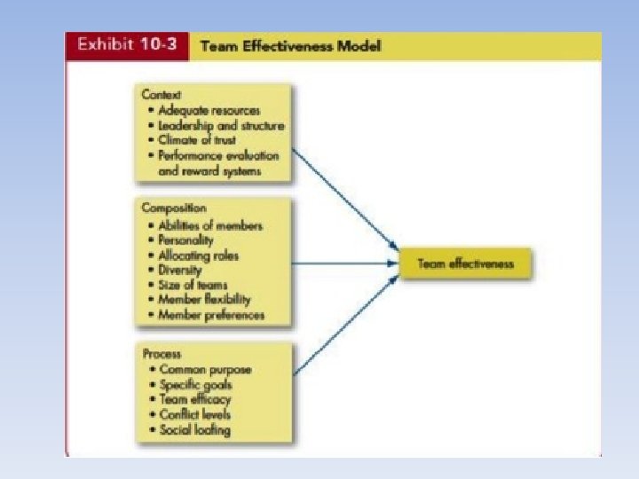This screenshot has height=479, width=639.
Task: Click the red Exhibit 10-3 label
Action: [127, 46]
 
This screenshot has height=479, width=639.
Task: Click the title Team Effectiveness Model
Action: [291, 46]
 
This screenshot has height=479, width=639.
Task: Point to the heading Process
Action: [161, 353]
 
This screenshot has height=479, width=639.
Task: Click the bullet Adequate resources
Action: [209, 110]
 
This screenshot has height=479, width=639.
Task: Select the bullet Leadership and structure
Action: [221, 125]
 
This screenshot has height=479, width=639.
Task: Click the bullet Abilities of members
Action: [210, 225]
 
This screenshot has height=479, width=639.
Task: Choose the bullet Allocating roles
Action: [199, 255]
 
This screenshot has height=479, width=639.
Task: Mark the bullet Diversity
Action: [180, 270]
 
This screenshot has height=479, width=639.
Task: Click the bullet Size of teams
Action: [193, 285]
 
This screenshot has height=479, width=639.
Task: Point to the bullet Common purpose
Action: [205, 369]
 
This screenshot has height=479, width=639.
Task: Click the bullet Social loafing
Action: [194, 429]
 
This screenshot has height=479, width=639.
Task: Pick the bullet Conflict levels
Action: [195, 414]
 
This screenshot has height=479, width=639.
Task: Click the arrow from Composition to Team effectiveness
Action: [346, 263]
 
